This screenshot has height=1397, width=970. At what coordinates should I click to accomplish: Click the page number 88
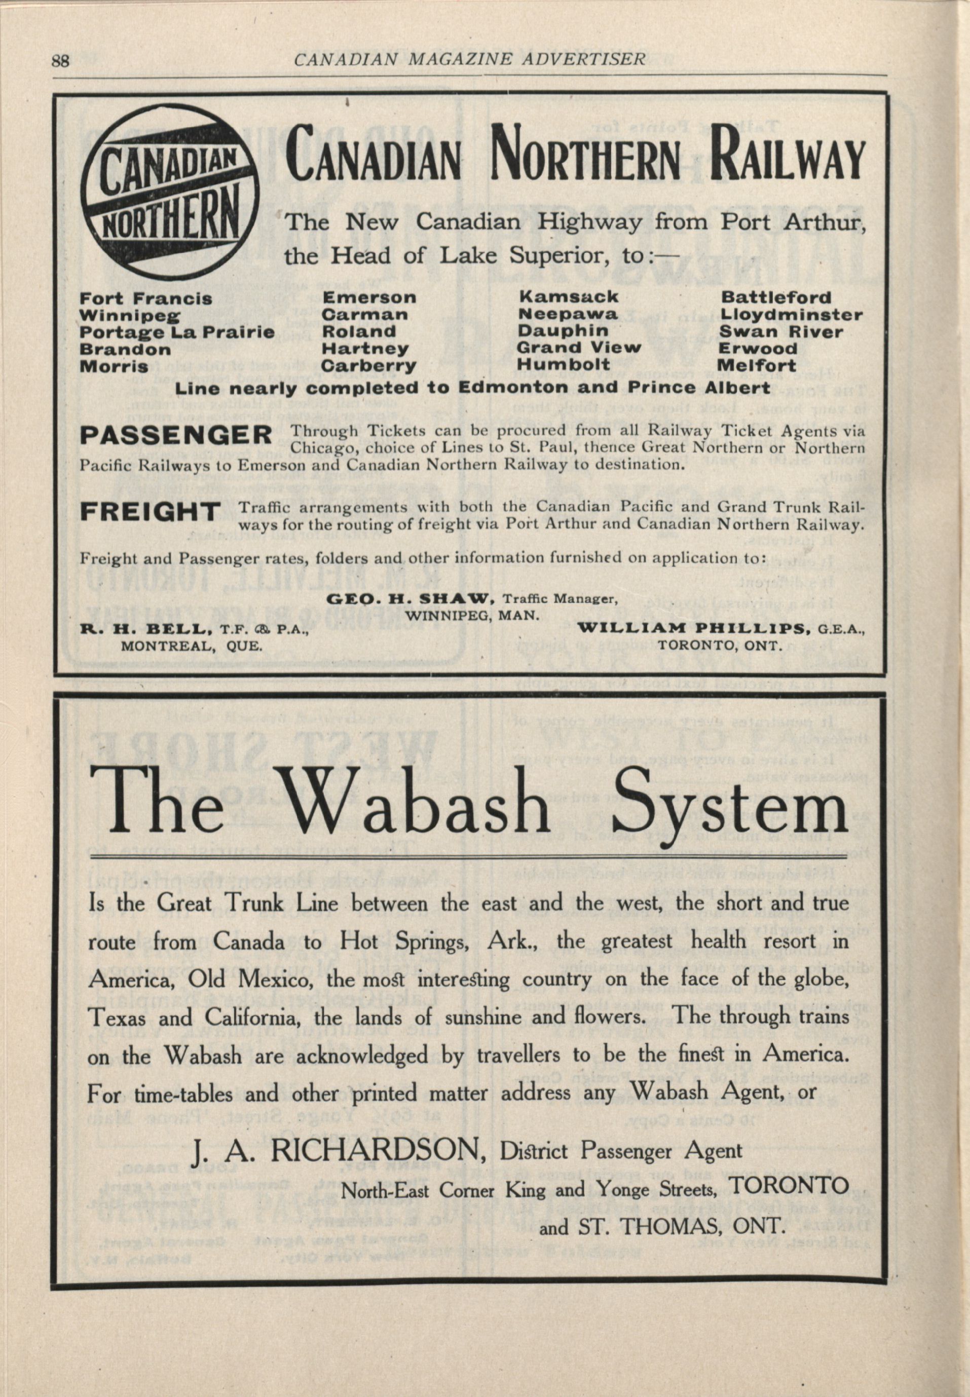pyautogui.click(x=61, y=61)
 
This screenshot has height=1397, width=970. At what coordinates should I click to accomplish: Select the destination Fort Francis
pyautogui.click(x=146, y=299)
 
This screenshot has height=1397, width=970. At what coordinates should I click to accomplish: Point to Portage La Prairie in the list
pyautogui.click(x=177, y=332)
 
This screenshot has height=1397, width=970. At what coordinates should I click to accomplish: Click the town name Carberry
pyautogui.click(x=368, y=366)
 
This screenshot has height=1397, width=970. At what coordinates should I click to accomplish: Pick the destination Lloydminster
pyautogui.click(x=791, y=315)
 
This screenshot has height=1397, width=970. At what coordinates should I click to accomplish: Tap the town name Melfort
pyautogui.click(x=757, y=366)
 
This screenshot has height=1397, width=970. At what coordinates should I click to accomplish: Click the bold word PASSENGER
pyautogui.click(x=176, y=435)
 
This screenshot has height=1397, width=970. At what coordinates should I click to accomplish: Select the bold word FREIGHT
pyautogui.click(x=150, y=512)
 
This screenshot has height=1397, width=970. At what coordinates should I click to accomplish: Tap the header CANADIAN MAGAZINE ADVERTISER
pyautogui.click(x=469, y=59)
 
